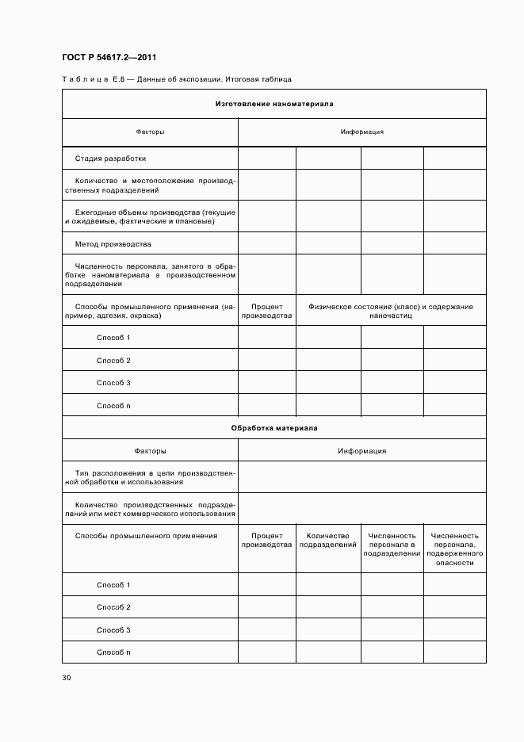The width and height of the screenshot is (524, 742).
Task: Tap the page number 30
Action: tap(66, 678)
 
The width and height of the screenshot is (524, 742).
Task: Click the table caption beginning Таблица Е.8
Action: tap(177, 79)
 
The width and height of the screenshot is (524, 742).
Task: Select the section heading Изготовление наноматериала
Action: tap(273, 104)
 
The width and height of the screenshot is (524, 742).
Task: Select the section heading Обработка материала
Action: tap(273, 428)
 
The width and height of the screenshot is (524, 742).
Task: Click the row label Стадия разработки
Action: tap(110, 159)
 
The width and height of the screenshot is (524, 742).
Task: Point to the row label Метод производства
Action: tap(113, 244)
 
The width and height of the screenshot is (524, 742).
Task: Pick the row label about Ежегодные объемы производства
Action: tap(149, 216)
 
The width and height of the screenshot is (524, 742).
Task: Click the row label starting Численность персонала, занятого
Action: tap(149, 274)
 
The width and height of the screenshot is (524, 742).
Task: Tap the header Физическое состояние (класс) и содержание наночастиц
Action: tap(391, 311)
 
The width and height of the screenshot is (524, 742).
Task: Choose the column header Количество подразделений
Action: tap(328, 541)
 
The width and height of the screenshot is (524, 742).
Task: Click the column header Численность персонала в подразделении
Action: tap(392, 545)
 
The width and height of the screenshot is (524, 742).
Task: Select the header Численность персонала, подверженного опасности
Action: tap(454, 549)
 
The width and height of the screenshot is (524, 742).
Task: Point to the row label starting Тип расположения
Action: tap(149, 477)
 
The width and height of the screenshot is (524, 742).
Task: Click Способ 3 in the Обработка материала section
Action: tap(113, 629)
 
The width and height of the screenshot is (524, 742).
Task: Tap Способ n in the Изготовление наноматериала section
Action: tap(113, 406)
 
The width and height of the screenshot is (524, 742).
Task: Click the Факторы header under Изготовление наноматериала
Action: tap(150, 132)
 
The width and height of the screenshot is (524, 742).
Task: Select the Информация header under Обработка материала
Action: tap(361, 451)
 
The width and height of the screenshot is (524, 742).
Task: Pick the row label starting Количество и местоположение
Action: tap(149, 185)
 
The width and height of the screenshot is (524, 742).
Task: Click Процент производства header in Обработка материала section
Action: tap(266, 541)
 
